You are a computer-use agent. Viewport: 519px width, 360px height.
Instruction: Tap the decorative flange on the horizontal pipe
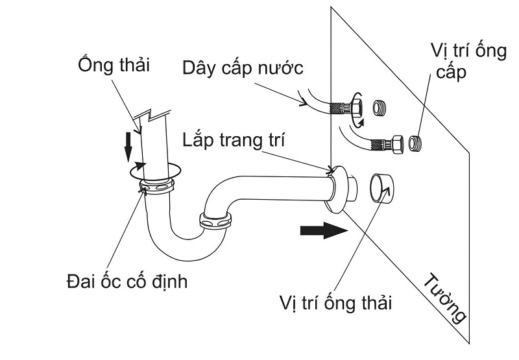tap(335, 188)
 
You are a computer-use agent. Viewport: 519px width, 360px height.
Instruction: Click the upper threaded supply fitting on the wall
tap(380, 106)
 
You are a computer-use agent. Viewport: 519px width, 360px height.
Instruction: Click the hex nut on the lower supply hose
tap(395, 141)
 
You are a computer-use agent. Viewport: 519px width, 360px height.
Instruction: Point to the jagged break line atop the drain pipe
tap(147, 117)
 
